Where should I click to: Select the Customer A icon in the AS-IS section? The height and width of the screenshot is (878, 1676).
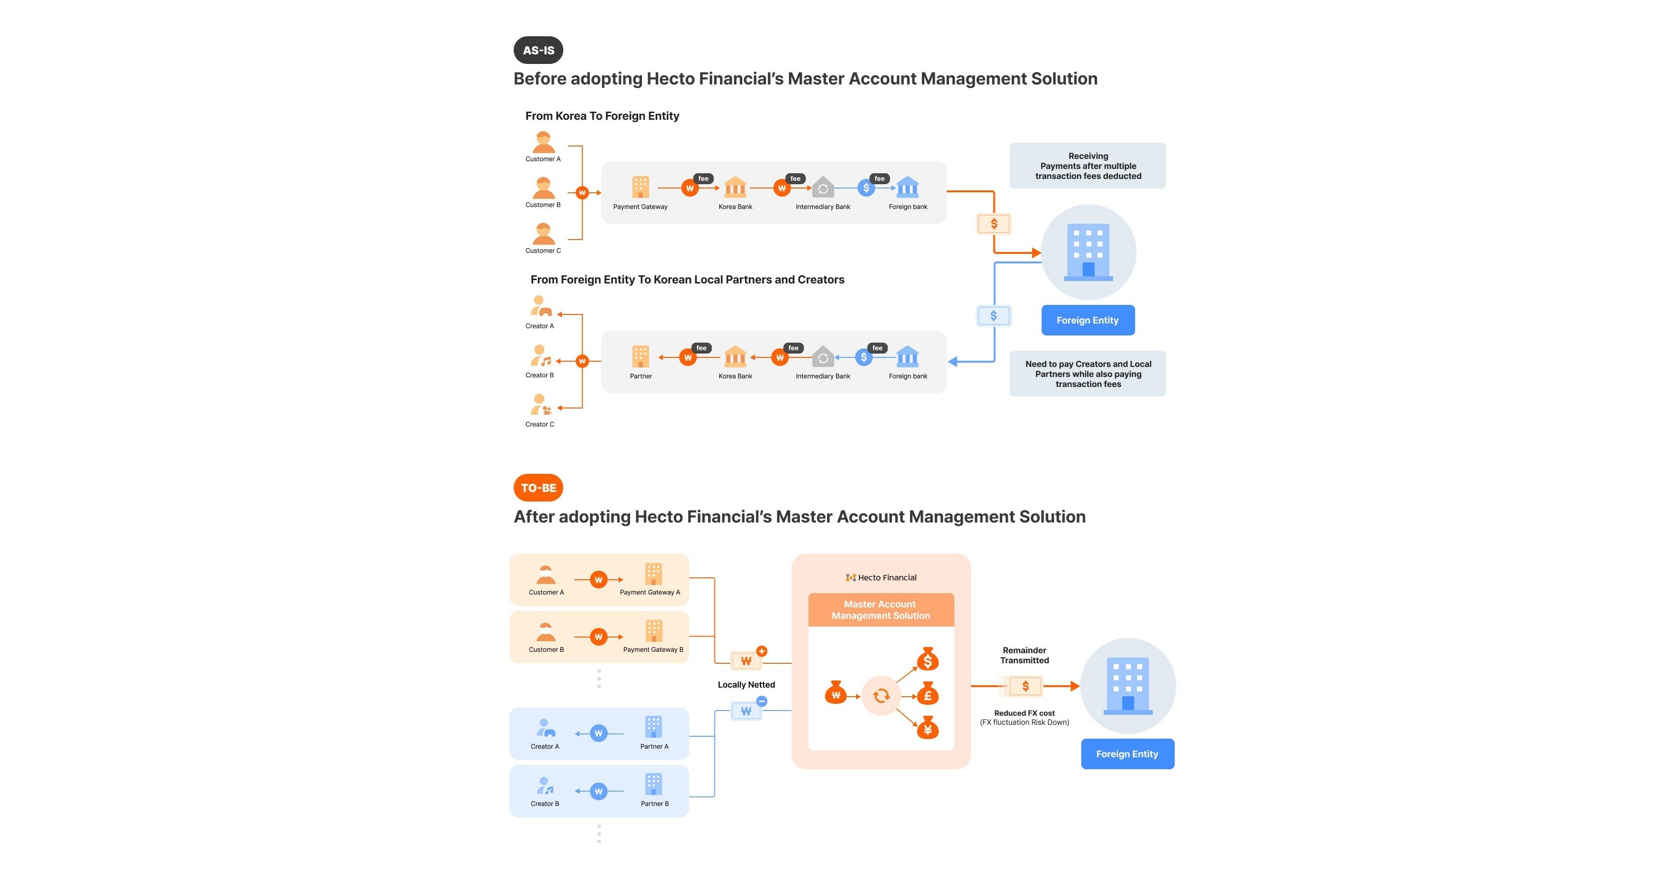click(x=543, y=142)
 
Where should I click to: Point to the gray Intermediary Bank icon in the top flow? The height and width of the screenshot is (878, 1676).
click(x=823, y=188)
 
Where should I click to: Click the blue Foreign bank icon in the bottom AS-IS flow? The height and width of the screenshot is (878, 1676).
click(x=908, y=356)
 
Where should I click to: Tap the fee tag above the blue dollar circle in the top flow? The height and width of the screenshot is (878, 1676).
click(x=879, y=178)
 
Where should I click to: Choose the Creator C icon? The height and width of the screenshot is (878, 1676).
click(x=540, y=405)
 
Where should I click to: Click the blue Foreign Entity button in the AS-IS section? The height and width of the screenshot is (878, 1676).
click(x=1088, y=320)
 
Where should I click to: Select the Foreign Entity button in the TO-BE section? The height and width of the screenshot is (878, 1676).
click(x=1127, y=753)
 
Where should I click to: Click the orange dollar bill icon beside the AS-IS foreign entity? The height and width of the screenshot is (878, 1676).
click(x=993, y=224)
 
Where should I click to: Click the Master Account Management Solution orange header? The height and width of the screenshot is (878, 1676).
click(x=880, y=610)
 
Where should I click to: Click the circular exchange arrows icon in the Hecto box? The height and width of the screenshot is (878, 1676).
click(x=881, y=696)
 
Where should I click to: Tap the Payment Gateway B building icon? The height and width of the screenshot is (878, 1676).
click(x=653, y=631)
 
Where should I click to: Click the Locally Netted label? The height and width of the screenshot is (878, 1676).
click(x=746, y=685)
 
